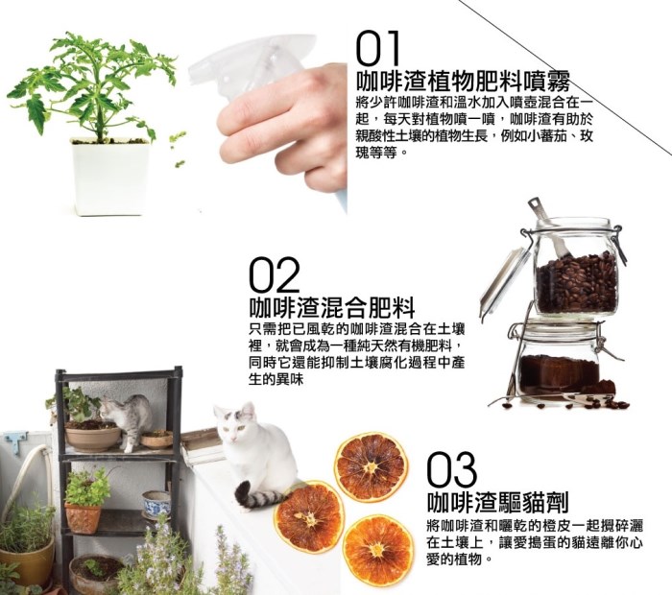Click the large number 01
pyautogui.click(x=378, y=48)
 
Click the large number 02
pyautogui.click(x=274, y=275)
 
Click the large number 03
pyautogui.click(x=452, y=469)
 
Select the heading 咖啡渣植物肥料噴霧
pyautogui.click(x=464, y=80)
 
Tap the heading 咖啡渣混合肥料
pyautogui.click(x=332, y=307)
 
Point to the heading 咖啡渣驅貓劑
pyautogui.click(x=498, y=501)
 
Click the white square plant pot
pyautogui.click(x=111, y=176)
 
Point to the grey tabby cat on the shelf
pyautogui.click(x=128, y=420)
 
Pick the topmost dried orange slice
pyautogui.click(x=371, y=464)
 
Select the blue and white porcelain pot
pyautogui.click(x=156, y=503)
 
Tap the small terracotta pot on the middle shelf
pyautogui.click(x=83, y=518)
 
